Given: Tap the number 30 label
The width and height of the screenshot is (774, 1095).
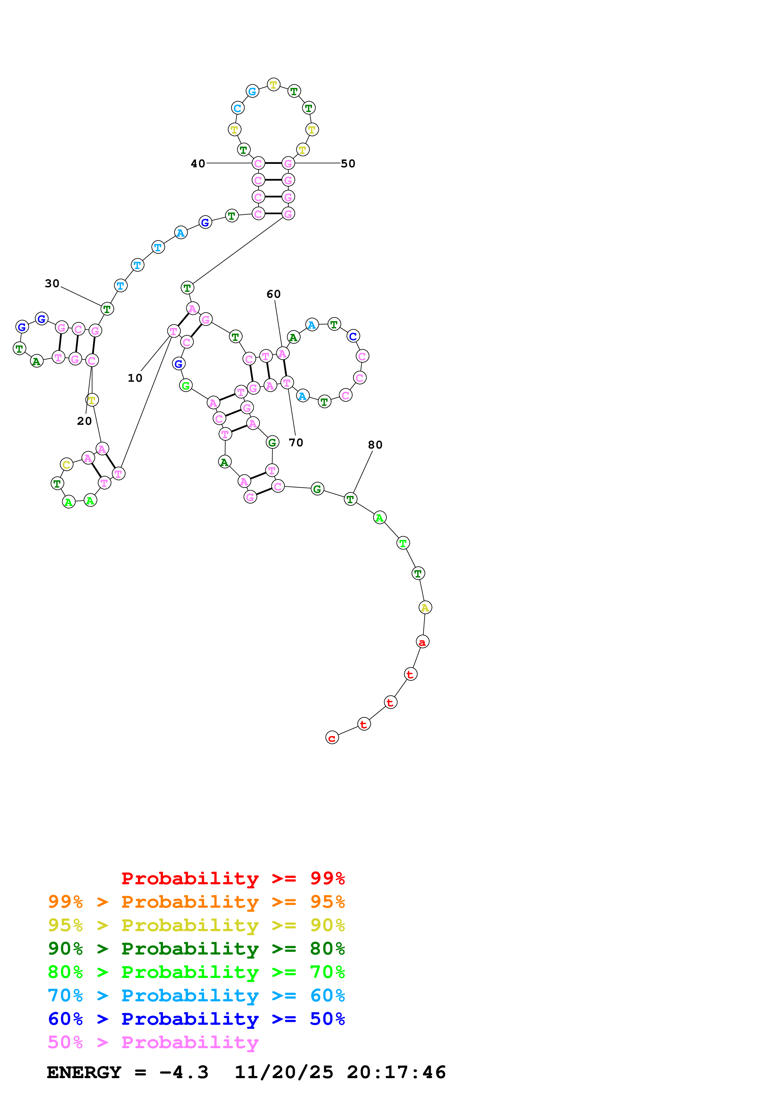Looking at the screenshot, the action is [52, 283].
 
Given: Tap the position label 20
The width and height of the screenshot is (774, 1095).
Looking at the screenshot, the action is [84, 421].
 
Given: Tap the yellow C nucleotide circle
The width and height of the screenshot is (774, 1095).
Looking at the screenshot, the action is [66, 464].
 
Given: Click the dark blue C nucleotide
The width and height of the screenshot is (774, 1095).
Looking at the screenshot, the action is [353, 336].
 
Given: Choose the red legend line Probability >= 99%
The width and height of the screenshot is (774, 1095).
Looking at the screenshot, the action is [233, 878].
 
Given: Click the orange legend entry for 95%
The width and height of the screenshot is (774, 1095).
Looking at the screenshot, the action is [196, 901].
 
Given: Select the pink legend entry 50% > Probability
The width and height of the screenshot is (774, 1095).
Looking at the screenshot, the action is [153, 1042].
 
